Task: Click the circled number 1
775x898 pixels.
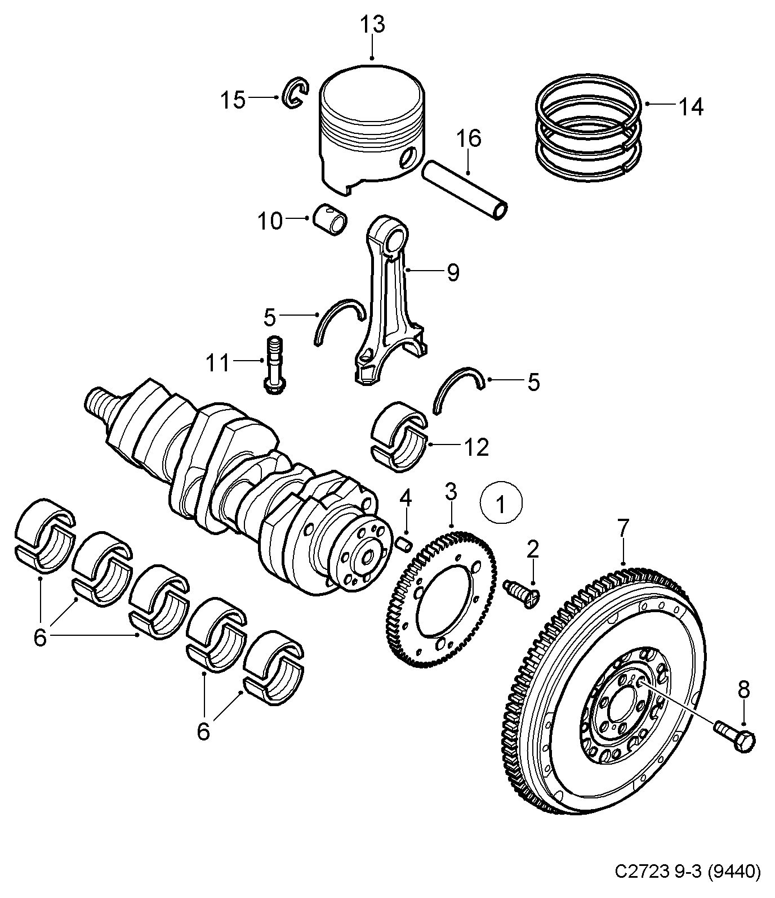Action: [x=501, y=504]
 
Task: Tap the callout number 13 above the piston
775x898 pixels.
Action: [x=372, y=25]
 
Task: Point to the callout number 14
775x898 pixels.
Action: [x=690, y=106]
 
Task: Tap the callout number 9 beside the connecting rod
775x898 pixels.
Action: [x=453, y=272]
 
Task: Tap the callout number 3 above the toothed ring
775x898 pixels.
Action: [x=451, y=491]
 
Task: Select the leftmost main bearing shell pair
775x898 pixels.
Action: [x=44, y=535]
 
